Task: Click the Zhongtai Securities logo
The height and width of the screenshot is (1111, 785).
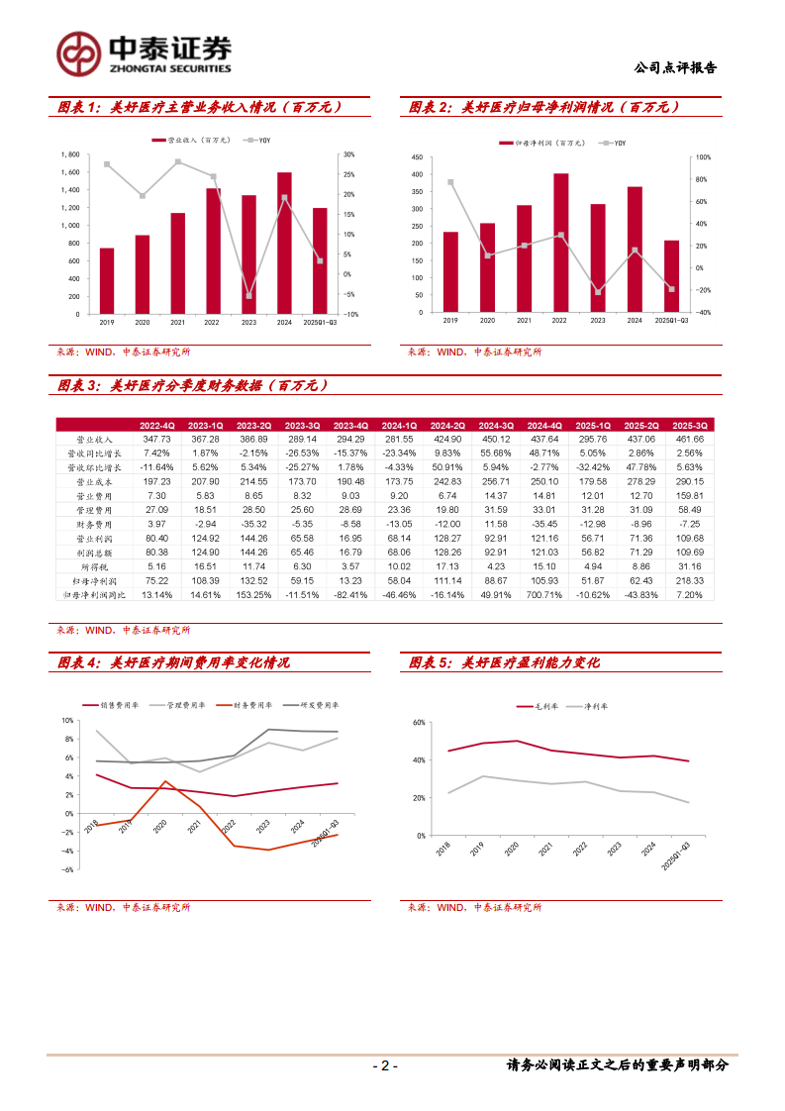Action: [144, 51]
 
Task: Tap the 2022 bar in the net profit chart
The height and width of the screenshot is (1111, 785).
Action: [560, 243]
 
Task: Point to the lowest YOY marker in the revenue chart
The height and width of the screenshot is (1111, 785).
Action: [248, 296]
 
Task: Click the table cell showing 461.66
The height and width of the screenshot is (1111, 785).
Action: [688, 439]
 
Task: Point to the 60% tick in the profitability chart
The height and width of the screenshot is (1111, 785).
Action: [419, 723]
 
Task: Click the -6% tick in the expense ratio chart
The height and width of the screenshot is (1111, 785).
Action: [68, 869]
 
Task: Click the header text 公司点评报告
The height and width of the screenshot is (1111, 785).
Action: [673, 68]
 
